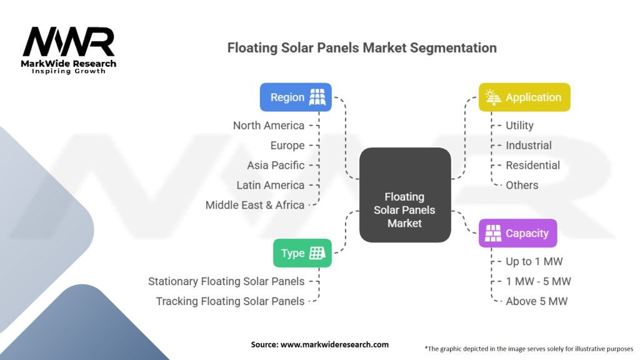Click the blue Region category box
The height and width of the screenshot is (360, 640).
click(x=296, y=97)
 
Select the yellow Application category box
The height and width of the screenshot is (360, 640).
click(x=524, y=97)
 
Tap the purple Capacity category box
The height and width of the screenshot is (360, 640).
click(x=517, y=233)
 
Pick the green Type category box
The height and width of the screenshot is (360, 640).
click(x=302, y=253)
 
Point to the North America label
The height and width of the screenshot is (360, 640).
click(x=269, y=126)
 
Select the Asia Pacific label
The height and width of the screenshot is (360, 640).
click(x=276, y=165)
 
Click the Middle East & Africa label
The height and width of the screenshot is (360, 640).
click(x=255, y=205)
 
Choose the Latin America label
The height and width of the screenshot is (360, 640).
click(x=271, y=185)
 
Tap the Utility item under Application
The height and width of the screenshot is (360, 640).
click(x=519, y=126)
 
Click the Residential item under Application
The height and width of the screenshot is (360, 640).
click(x=532, y=165)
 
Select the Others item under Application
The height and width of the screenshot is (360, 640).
click(x=522, y=185)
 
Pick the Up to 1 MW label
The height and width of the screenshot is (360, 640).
click(x=534, y=261)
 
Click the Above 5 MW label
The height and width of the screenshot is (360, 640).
click(x=536, y=301)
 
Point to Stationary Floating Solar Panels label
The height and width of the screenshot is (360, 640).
click(x=226, y=281)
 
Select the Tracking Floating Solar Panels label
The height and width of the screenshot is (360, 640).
click(x=230, y=301)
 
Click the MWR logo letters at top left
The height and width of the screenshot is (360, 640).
click(x=69, y=42)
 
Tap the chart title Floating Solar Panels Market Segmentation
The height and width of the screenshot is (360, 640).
click(x=362, y=48)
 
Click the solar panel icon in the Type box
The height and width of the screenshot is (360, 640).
click(x=317, y=253)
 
